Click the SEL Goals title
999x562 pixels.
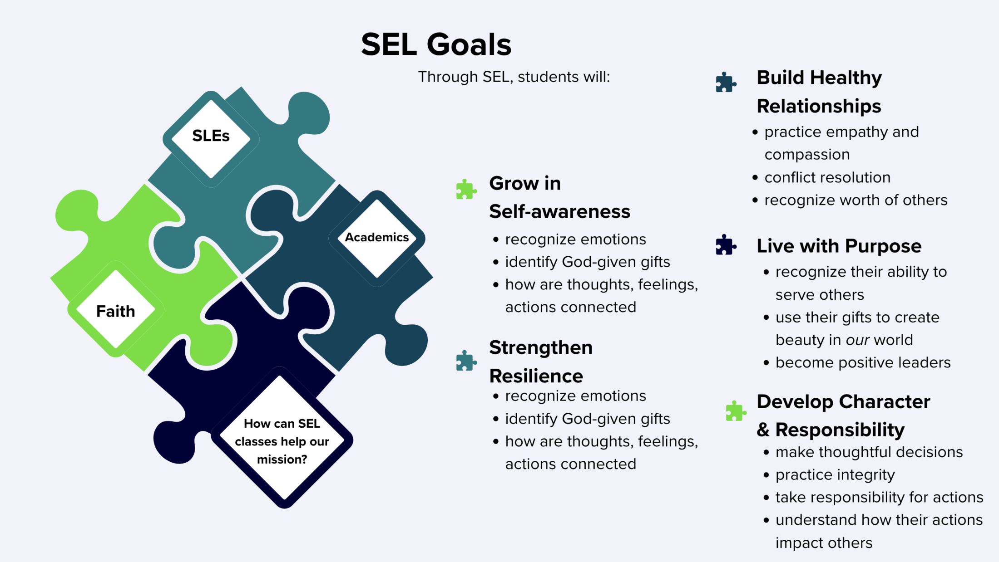436,45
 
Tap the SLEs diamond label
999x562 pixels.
211,136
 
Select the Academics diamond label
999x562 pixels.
377,237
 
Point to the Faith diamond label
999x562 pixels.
116,311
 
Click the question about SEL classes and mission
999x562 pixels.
282,441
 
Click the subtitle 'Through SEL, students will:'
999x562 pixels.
514,77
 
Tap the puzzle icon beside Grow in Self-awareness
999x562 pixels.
466,189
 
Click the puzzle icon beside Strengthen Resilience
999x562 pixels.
466,361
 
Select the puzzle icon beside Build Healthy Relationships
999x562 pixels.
726,82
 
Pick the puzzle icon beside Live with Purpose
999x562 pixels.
726,245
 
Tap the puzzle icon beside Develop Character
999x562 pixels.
736,411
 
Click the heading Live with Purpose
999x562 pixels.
839,246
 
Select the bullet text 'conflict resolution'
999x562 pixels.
827,177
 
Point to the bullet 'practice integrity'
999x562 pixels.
835,475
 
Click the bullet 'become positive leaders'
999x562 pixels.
863,362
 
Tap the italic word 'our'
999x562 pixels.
857,340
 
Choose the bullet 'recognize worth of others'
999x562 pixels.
856,200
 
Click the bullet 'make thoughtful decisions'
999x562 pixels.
869,452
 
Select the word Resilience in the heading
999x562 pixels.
536,376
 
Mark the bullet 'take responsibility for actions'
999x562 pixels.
879,497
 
